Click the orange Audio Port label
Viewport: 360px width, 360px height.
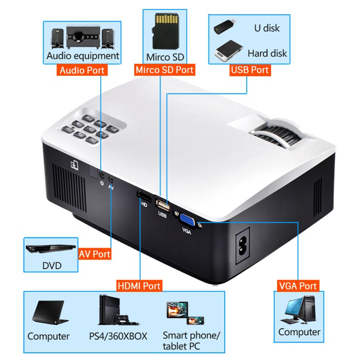[82, 70]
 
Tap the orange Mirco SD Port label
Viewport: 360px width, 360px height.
[164, 70]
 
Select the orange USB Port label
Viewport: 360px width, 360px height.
[250, 70]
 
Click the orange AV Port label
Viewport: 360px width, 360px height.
[95, 254]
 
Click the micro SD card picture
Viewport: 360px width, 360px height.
[166, 30]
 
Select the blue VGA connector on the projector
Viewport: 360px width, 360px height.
[188, 220]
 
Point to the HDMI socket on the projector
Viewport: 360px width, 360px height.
[143, 196]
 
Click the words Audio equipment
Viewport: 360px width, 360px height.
[82, 56]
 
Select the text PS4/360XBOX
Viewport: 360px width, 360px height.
[118, 336]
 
